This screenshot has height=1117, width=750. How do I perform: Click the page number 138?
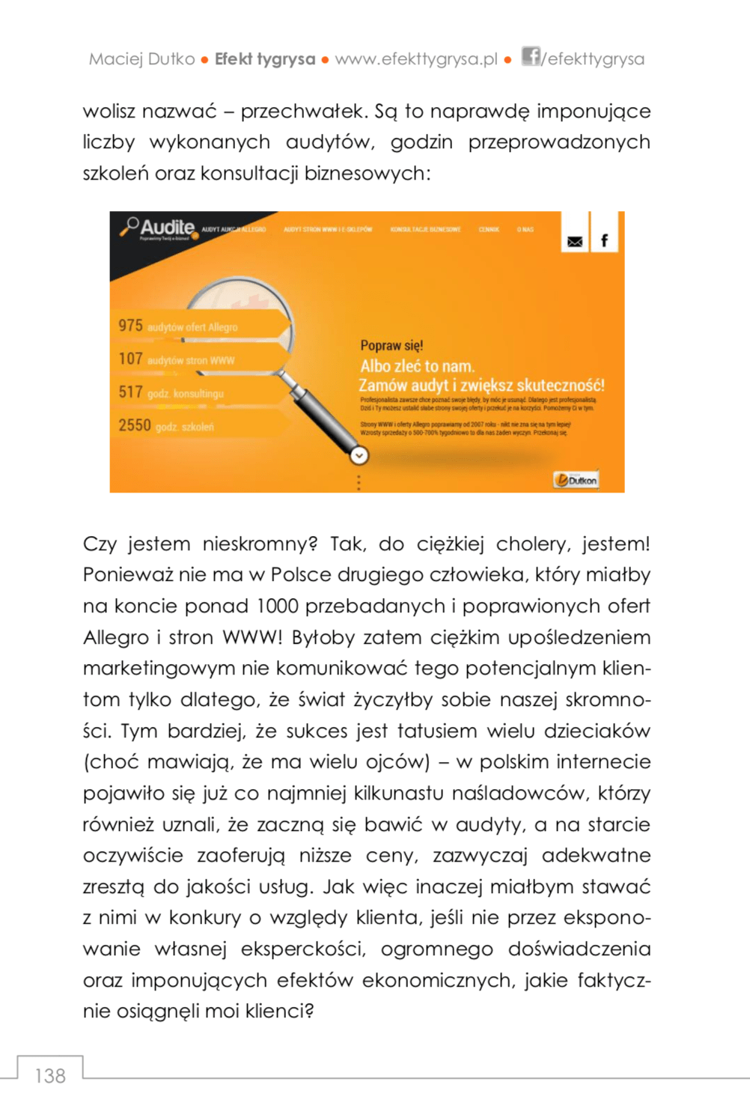[50, 1076]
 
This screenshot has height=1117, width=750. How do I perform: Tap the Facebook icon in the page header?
[530, 57]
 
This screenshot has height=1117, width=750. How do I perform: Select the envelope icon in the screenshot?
[574, 241]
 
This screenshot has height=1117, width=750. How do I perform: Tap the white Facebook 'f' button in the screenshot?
[604, 240]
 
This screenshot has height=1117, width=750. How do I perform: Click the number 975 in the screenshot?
[130, 326]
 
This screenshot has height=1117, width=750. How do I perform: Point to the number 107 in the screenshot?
[130, 359]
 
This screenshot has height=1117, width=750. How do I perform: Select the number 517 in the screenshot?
[130, 392]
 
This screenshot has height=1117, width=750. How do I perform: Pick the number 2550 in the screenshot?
[135, 425]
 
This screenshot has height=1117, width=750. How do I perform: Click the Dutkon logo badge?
[576, 480]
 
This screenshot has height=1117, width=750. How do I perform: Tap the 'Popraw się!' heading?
[391, 346]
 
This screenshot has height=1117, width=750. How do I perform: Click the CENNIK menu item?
[489, 230]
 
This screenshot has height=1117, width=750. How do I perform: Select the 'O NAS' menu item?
[525, 230]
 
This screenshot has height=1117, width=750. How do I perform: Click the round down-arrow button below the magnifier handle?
[359, 455]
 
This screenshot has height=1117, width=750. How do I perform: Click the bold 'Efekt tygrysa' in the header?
[265, 59]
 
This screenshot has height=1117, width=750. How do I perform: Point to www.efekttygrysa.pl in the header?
[416, 59]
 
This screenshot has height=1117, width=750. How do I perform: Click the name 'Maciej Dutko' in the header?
[141, 59]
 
